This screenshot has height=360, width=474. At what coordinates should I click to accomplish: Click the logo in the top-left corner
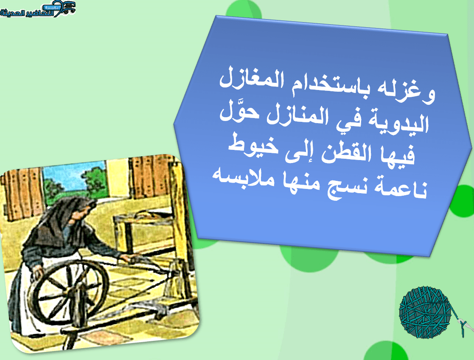(x=38, y=9)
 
